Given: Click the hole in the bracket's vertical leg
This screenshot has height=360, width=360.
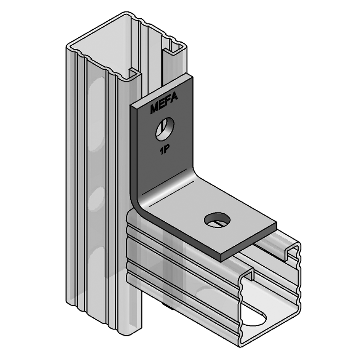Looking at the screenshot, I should click(165, 129).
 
